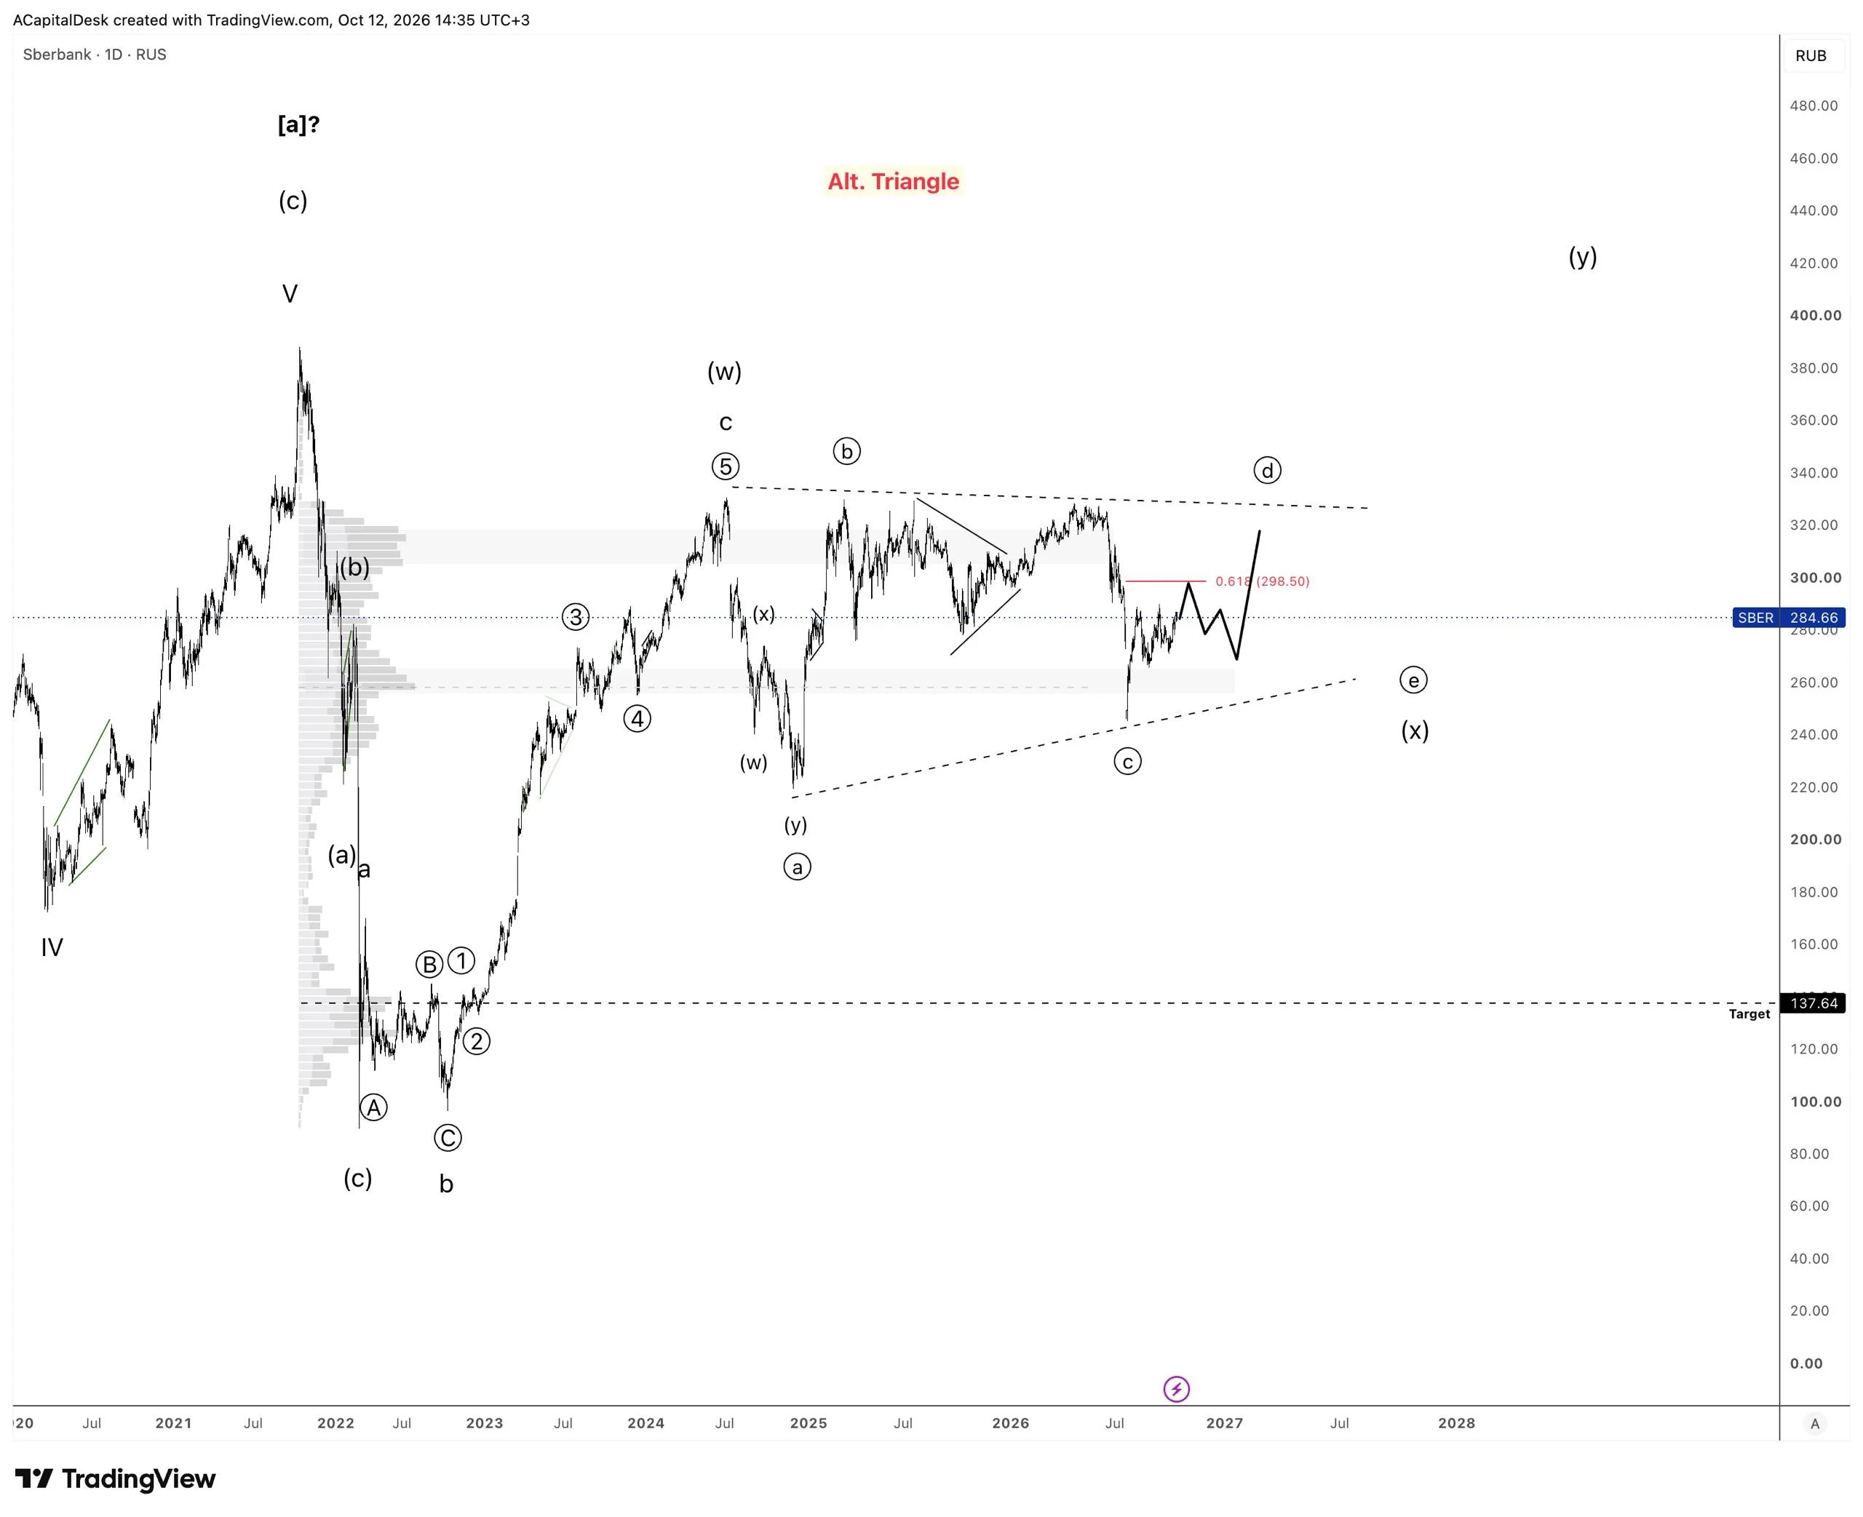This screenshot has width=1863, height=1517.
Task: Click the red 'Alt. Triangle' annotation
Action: (893, 181)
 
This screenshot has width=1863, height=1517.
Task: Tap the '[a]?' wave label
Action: (299, 125)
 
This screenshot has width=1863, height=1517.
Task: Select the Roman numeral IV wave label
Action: (52, 947)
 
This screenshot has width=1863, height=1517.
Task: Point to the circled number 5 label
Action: (726, 466)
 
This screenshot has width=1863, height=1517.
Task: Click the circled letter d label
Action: (1267, 470)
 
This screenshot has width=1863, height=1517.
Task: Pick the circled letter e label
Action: (1413, 680)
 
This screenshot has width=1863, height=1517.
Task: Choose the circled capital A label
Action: (373, 1108)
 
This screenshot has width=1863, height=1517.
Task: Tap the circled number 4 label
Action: (637, 719)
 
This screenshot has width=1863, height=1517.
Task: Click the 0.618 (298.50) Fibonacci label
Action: (1262, 581)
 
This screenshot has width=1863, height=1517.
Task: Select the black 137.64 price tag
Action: (1814, 1003)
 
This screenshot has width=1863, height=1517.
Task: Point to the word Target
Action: (1749, 1014)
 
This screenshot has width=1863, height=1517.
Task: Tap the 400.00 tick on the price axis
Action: (1815, 316)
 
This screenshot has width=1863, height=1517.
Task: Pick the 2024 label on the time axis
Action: (646, 1423)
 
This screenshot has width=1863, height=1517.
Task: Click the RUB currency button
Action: (1811, 56)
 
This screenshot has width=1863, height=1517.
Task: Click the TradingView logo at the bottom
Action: (115, 1479)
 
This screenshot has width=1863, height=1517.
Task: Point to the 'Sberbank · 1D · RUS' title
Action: (95, 54)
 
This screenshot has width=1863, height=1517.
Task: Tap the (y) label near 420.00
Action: (1583, 257)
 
